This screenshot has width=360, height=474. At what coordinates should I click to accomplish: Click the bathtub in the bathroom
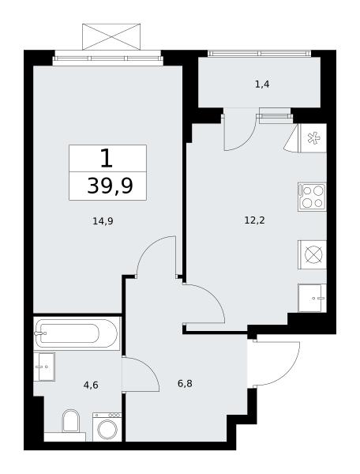77,333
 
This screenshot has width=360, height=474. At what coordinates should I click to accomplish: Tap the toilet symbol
70,421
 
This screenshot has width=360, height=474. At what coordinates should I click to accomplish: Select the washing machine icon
107,427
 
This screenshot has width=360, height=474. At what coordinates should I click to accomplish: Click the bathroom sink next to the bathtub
44,367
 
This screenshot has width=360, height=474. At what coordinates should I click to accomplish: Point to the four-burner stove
312,197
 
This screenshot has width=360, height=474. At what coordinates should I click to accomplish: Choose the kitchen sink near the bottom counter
312,298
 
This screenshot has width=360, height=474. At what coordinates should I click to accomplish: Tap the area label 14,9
103,221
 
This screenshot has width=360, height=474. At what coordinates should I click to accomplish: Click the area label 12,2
254,220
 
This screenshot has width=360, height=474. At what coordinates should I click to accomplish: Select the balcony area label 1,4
262,85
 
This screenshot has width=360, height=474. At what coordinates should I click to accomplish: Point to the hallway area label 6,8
185,384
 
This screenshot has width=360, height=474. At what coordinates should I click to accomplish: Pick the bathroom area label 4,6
92,386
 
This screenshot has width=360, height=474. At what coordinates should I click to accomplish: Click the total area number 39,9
110,186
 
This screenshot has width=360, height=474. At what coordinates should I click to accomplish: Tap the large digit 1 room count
107,159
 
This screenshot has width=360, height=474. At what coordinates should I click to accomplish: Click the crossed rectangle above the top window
111,36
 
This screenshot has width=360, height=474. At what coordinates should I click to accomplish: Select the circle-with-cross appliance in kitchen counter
313,254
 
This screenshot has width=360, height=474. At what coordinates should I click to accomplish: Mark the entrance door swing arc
287,374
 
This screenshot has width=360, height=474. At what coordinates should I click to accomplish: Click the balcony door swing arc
246,141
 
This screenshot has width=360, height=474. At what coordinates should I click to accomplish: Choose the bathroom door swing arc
148,367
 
